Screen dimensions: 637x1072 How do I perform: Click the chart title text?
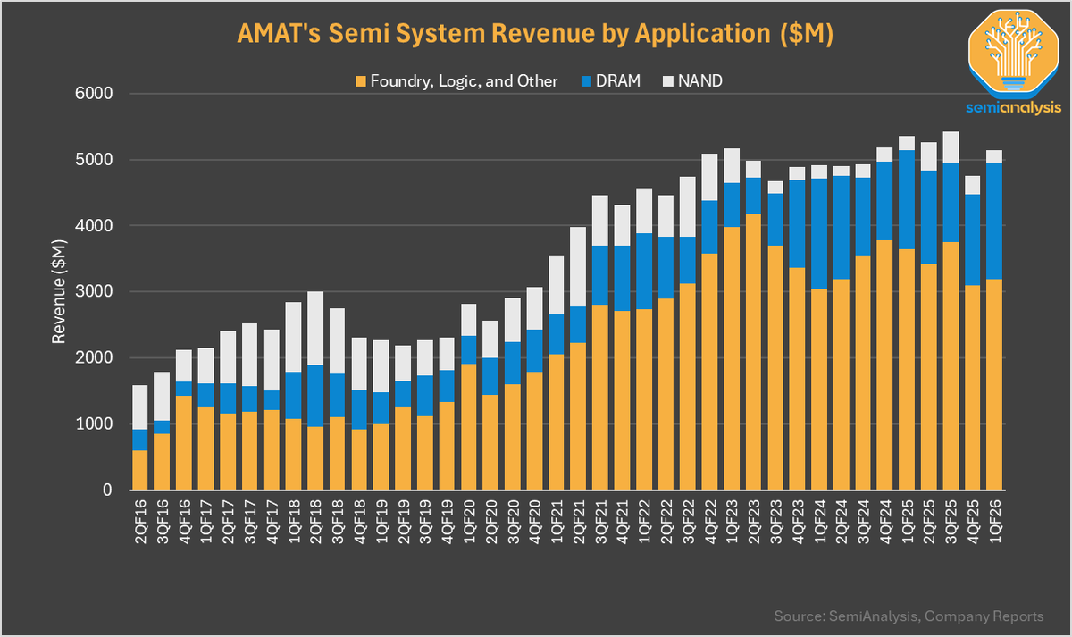[536, 34]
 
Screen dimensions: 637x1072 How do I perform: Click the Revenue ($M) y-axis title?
[59, 292]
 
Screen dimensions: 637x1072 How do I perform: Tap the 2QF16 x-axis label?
[140, 517]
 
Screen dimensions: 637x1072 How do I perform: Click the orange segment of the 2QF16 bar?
[140, 470]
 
